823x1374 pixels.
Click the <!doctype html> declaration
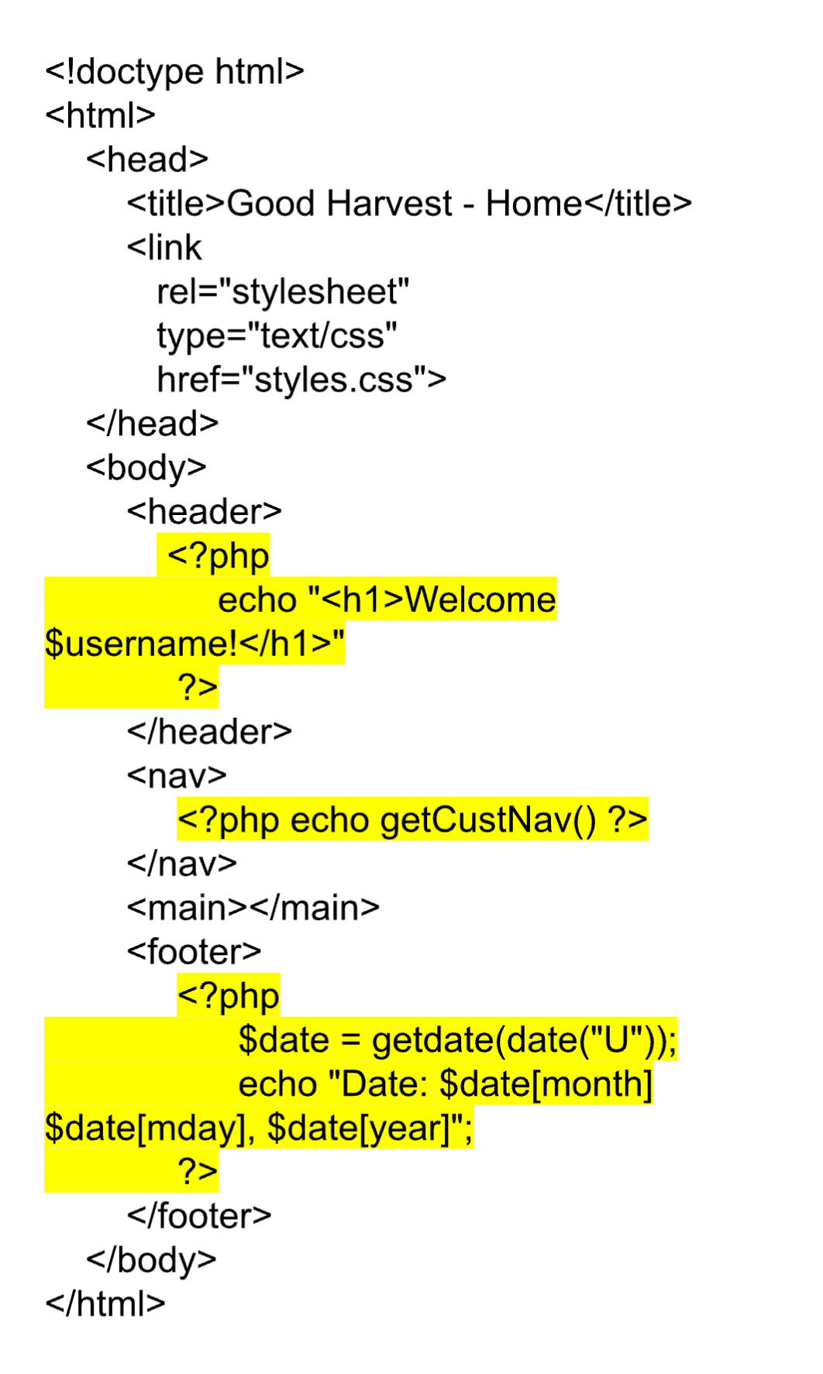[x=174, y=72]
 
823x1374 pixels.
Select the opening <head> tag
[x=147, y=160]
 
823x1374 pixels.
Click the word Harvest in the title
[x=389, y=204]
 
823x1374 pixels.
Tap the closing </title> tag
[x=638, y=204]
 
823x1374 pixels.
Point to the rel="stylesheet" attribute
[x=283, y=292]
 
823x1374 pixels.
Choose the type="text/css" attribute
[x=277, y=336]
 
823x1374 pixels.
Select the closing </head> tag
[x=153, y=424]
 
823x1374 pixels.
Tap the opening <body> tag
[x=146, y=468]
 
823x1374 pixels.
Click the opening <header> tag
[x=205, y=512]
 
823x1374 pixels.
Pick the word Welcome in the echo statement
[x=480, y=600]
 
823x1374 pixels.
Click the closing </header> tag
[x=209, y=732]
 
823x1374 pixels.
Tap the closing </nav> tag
[x=182, y=864]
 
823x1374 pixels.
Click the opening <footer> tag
[x=195, y=952]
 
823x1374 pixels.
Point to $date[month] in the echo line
[x=546, y=1084]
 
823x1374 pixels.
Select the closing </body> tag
[x=152, y=1260]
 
